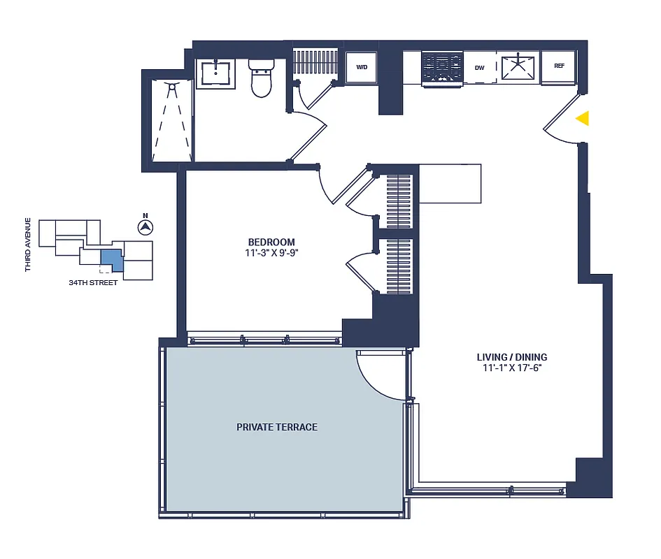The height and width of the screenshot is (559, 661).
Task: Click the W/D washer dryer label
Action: [x=362, y=68]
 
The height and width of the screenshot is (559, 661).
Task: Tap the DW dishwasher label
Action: [x=480, y=68]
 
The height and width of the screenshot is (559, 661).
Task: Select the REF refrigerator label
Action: [x=559, y=66]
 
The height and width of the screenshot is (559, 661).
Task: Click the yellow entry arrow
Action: [x=582, y=119]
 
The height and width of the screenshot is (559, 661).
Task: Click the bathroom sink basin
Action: [x=217, y=72]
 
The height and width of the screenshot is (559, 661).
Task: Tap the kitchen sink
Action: [x=520, y=67]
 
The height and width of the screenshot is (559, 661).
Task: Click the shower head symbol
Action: [x=171, y=86]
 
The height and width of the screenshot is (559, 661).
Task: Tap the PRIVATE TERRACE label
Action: [x=276, y=427]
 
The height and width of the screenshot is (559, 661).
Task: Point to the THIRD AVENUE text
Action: [x=28, y=245]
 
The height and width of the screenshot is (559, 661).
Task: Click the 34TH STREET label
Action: [x=93, y=283]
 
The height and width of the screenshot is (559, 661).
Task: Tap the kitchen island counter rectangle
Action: [x=450, y=183]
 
